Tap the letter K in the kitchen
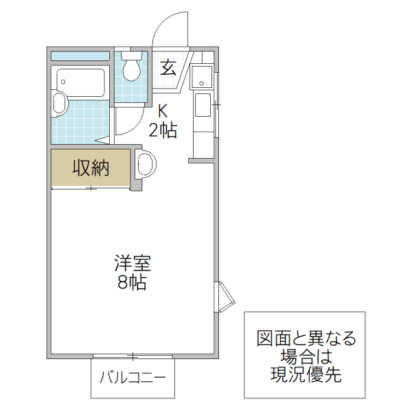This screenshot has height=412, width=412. (x=163, y=110)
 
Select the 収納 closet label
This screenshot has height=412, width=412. (x=91, y=168)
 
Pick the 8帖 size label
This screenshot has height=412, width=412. (x=132, y=282)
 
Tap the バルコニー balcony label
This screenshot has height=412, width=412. (x=133, y=378)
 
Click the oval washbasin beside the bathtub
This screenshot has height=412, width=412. (x=60, y=105)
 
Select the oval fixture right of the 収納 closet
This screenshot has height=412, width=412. (x=147, y=165)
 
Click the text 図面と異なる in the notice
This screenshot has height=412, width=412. (x=306, y=339)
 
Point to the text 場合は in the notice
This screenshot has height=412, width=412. (x=306, y=356)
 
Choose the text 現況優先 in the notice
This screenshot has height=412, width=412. (x=306, y=375)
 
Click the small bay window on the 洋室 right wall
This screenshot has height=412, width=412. (x=225, y=296)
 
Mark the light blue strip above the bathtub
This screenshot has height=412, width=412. (x=80, y=55)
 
